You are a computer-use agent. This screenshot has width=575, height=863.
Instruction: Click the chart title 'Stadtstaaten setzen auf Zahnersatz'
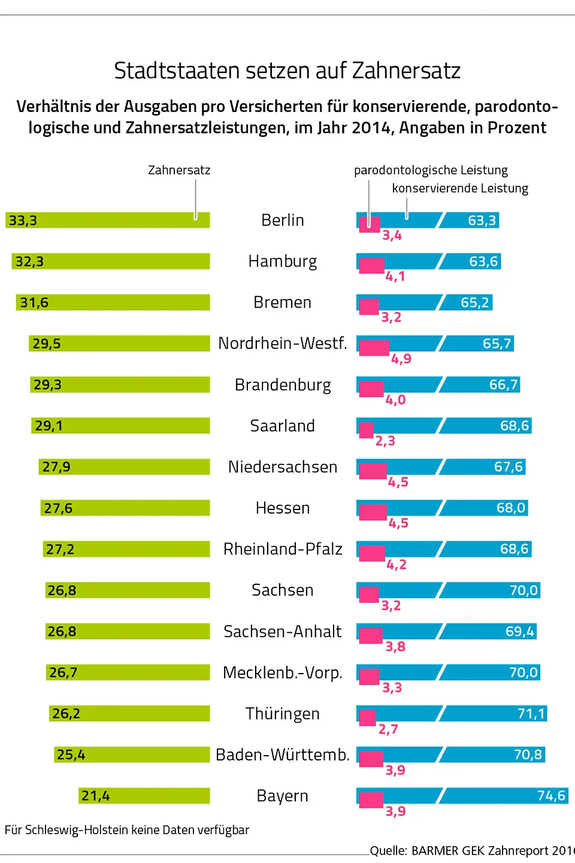click(287, 71)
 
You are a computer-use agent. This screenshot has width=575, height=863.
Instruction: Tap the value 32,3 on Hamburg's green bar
click(29, 261)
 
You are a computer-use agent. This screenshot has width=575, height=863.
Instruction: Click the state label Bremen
click(282, 302)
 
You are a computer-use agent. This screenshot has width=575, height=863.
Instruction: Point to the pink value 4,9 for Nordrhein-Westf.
click(401, 358)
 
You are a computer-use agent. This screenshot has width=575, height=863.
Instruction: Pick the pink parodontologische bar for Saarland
click(367, 430)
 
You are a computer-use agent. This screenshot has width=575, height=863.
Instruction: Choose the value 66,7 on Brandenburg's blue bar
click(503, 384)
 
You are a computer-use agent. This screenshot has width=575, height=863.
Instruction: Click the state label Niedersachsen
click(283, 467)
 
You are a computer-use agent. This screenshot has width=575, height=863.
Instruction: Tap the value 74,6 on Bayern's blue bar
click(551, 795)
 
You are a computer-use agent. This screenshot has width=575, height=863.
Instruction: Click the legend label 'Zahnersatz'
click(179, 170)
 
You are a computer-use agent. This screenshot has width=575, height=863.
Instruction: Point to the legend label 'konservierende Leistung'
click(460, 188)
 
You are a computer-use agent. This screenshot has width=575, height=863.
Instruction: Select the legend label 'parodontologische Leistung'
click(431, 170)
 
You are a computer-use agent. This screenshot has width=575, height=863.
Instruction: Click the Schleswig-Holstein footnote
click(127, 830)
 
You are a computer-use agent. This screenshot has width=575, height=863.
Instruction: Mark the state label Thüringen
click(283, 714)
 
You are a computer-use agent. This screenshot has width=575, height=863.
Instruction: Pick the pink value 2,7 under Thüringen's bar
click(388, 729)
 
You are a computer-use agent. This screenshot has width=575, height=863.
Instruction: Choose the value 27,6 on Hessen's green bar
click(58, 508)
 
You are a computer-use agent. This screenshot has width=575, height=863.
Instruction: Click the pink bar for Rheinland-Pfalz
click(372, 553)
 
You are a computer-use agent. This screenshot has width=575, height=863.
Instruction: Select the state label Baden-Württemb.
click(283, 755)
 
